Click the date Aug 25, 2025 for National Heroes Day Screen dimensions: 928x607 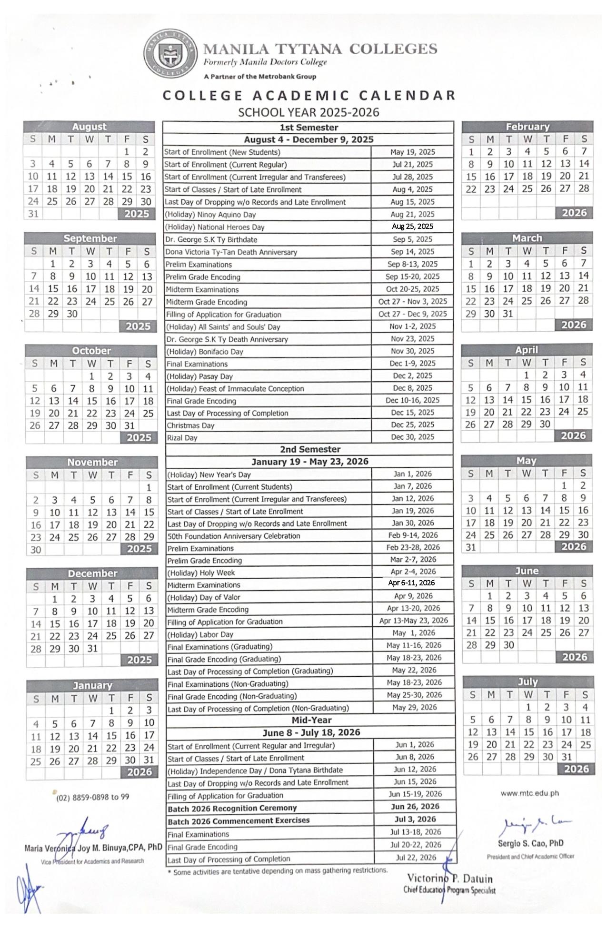[x=412, y=227]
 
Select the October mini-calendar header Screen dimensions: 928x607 [x=91, y=351]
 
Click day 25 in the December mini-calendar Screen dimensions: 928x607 [x=111, y=636]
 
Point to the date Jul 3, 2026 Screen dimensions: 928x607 [x=415, y=819]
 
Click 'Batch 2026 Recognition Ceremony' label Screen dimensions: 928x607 [x=232, y=809]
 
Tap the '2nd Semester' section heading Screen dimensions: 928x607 [x=310, y=449]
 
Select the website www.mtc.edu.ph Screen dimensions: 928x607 [x=529, y=793]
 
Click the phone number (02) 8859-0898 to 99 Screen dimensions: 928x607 [x=92, y=797]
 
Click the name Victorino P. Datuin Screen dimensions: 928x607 [x=449, y=879]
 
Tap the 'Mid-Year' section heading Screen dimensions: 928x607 [x=311, y=720]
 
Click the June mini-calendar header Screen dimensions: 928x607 [x=527, y=571]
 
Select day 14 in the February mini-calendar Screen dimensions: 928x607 [x=584, y=164]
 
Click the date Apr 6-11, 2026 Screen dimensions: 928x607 [x=411, y=583]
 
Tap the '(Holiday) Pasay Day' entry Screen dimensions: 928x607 [x=199, y=376]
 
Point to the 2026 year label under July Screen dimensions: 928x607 [x=576, y=769]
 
